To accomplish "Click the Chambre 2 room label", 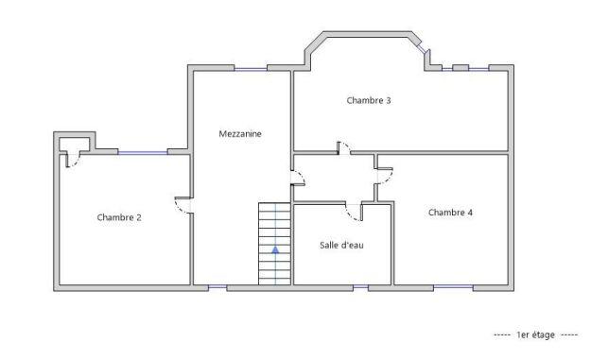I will coord(119,217).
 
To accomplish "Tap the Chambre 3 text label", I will coord(369,100).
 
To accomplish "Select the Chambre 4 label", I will coord(450,213).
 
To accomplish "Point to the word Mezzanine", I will coord(239,134).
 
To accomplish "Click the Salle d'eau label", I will coord(341,245).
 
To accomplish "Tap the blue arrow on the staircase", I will coord(275,250).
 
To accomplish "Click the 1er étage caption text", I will coord(535,335).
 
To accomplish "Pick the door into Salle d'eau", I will coord(354,212).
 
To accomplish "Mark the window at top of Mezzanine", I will coord(250,68).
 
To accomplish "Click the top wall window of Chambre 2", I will coord(142,152).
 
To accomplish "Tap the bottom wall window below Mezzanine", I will coord(217,285).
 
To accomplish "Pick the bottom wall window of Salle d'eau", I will coord(360,285).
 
